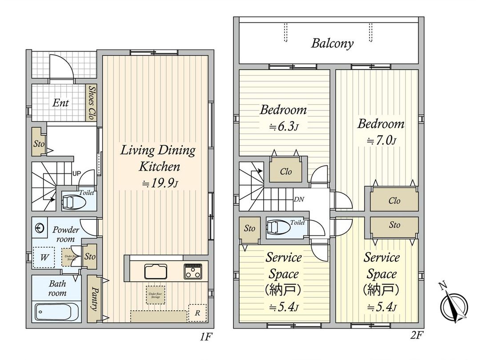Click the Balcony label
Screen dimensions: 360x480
(x=332, y=43)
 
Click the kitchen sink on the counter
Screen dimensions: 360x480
(x=155, y=271)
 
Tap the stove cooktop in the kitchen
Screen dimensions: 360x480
(x=193, y=271)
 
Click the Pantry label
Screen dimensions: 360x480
(x=94, y=299)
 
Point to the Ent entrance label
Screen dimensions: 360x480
(x=60, y=103)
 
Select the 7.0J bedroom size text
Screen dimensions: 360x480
(x=381, y=141)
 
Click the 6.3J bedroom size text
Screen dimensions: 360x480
(x=283, y=127)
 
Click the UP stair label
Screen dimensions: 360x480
(x=76, y=173)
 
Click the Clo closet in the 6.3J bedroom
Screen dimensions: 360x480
(x=286, y=171)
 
